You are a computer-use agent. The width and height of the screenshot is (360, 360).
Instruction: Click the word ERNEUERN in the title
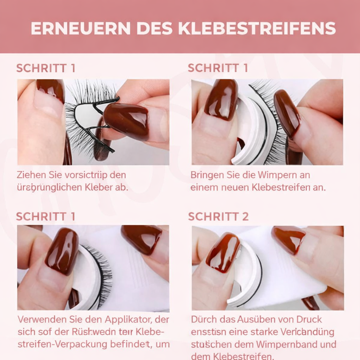click(x=81, y=28)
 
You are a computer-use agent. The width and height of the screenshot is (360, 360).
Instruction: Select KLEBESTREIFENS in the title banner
click(x=257, y=28)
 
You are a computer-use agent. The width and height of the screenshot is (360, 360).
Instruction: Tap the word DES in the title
click(x=154, y=28)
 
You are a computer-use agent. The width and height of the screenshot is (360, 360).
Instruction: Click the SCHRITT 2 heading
click(x=218, y=217)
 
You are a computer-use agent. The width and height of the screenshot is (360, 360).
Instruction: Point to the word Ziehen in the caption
click(x=30, y=175)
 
